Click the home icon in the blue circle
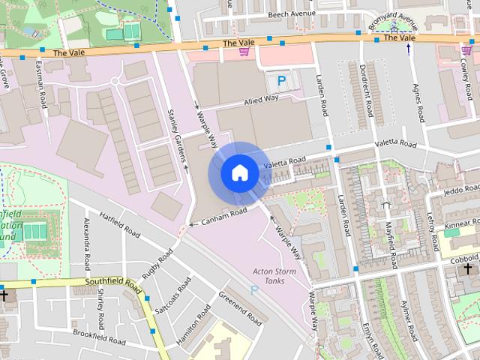coord(239,172)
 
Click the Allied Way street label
coord(258,103)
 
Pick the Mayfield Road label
coord(390,233)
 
